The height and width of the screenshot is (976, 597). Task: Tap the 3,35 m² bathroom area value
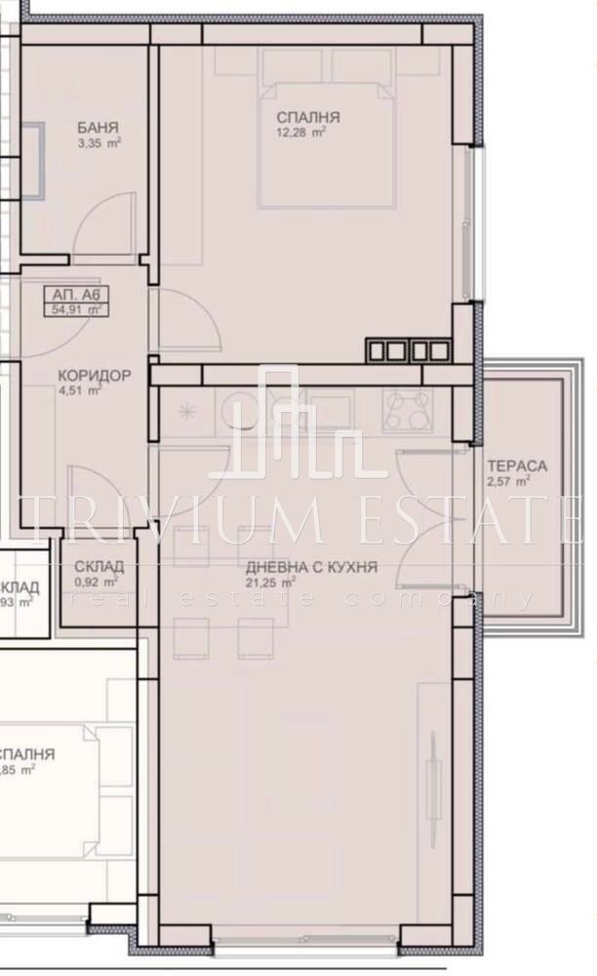pyautogui.click(x=99, y=143)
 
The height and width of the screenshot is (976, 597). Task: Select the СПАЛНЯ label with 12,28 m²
pyautogui.click(x=300, y=118)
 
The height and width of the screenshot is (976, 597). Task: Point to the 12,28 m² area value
pyautogui.click(x=300, y=134)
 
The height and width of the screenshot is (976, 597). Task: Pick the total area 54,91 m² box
pyautogui.click(x=76, y=309)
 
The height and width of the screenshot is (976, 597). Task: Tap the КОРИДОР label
pyautogui.click(x=94, y=376)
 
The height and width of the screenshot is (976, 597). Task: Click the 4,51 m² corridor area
pyautogui.click(x=80, y=391)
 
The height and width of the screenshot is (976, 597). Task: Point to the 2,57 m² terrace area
pyautogui.click(x=509, y=481)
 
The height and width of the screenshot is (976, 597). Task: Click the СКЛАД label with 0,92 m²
pyautogui.click(x=99, y=566)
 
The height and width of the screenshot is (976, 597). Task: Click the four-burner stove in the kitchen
pyautogui.click(x=409, y=409)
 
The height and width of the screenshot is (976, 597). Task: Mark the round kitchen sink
pyautogui.click(x=241, y=410)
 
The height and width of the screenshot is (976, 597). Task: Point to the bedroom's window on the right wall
pyautogui.click(x=474, y=222)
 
